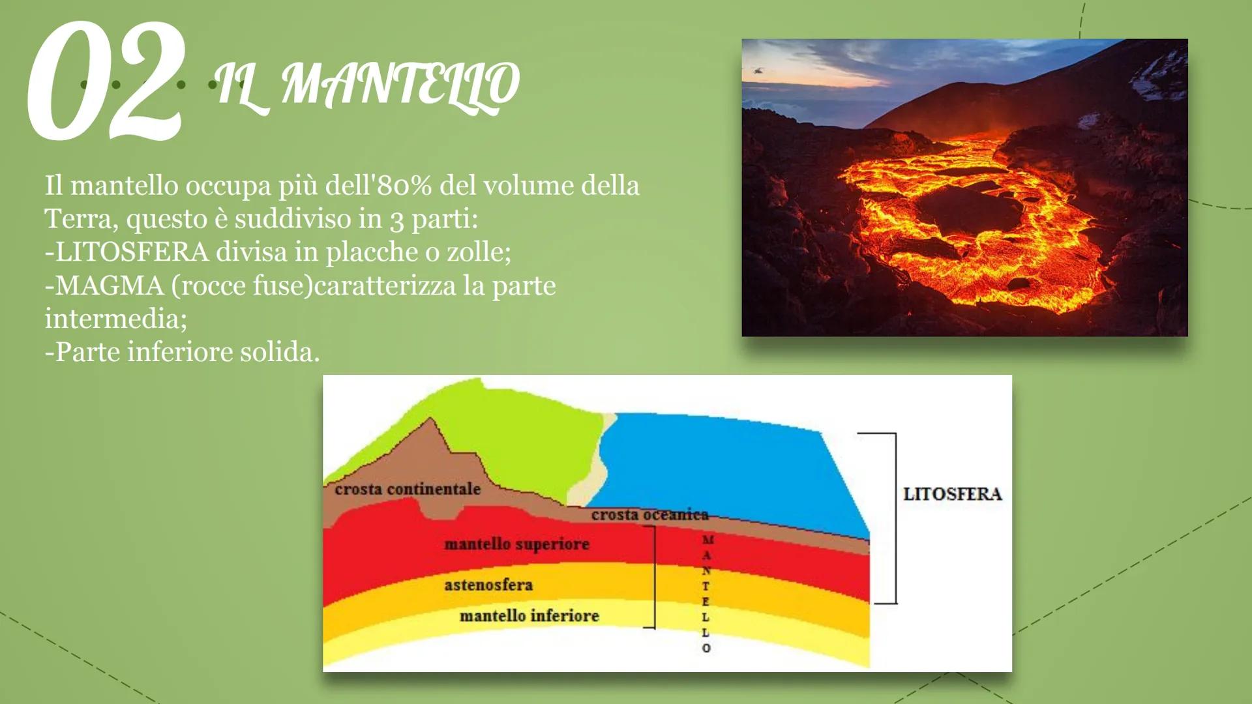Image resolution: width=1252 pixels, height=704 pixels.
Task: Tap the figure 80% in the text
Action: click(404, 186)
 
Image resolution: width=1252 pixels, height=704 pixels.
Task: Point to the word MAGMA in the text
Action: click(109, 286)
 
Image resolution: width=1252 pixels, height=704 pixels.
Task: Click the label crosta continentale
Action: click(408, 489)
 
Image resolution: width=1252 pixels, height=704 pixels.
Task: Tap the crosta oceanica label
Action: click(649, 515)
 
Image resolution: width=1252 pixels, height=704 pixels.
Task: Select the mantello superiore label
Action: click(516, 544)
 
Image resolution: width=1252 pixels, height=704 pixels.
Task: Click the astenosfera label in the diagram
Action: click(488, 585)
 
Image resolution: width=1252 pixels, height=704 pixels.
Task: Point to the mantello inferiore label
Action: click(529, 616)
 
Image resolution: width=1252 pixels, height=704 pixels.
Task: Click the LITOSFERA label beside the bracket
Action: click(952, 494)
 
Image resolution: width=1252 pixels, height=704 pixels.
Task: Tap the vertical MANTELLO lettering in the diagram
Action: click(706, 593)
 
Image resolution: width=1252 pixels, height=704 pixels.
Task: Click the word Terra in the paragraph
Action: click(80, 219)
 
